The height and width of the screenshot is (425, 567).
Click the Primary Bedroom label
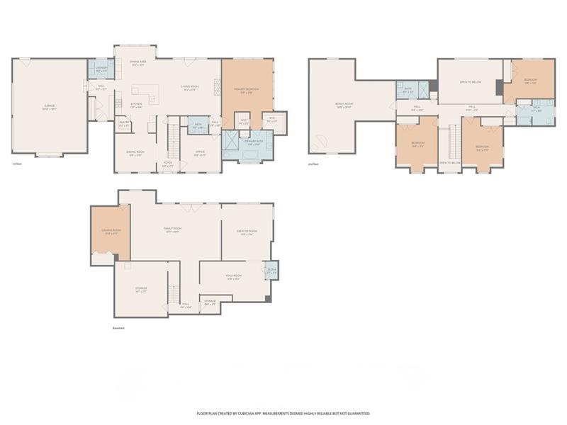point(247,90)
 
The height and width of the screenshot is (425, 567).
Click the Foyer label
point(168,164)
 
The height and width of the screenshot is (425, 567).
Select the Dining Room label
point(137,152)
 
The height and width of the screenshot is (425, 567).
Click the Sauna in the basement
point(271,271)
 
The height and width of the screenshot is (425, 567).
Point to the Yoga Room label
point(234,276)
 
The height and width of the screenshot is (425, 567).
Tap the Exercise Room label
point(246,232)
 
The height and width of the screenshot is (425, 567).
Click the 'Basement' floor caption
point(119,328)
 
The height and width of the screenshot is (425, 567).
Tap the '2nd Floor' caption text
point(315,164)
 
